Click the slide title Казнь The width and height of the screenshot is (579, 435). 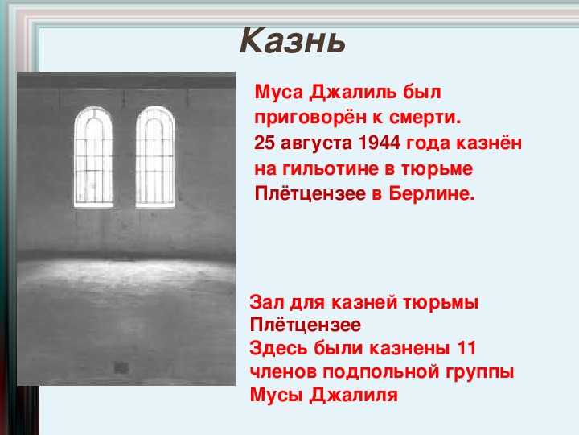click(293, 40)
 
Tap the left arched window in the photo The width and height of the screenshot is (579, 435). click(93, 157)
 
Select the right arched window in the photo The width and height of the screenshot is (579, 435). click(155, 157)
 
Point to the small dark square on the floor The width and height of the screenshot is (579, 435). click(121, 367)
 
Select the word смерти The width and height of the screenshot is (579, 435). click(425, 118)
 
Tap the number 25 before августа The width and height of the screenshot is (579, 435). click(265, 143)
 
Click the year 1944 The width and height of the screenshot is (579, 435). click(380, 143)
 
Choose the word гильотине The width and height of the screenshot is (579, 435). click(331, 168)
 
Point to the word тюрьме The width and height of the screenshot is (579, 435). click(437, 168)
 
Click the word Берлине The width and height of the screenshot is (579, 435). click(432, 194)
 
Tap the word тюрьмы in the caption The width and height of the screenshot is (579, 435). click(440, 304)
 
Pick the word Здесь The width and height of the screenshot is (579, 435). click(278, 349)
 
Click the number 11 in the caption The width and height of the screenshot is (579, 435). click(466, 349)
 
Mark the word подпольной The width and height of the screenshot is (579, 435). click(381, 371)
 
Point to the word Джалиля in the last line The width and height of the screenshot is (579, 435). click(354, 395)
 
